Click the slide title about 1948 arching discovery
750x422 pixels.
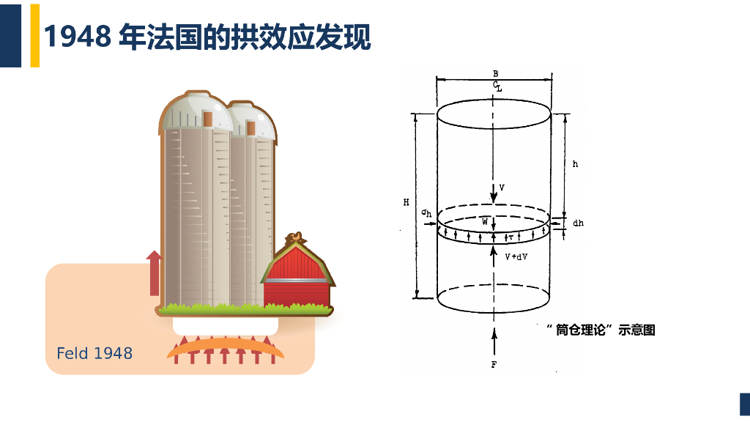coord(207,36)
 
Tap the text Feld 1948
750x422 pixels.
coord(94,353)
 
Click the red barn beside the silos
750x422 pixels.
coord(297,277)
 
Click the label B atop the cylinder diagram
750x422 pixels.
coord(496,74)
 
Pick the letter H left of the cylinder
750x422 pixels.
coord(406,202)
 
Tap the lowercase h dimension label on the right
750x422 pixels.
coord(576,165)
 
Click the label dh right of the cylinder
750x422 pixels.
coord(578,223)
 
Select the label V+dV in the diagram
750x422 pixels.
coord(516,257)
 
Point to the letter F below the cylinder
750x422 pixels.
coord(494,364)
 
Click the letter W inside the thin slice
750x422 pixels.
coord(485,221)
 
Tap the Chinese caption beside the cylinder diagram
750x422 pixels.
coord(601,330)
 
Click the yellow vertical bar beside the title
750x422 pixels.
coord(34,34)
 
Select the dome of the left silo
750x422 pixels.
coord(195,112)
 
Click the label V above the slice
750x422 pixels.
coord(502,188)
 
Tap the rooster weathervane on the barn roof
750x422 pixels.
coord(295,239)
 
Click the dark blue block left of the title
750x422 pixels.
coord(10,34)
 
